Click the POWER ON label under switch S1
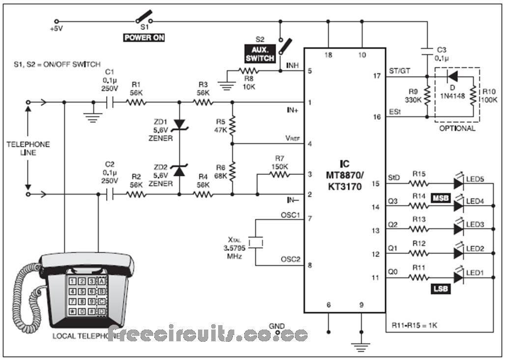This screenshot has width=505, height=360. point(144,37)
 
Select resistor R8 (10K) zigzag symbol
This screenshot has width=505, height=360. point(251,71)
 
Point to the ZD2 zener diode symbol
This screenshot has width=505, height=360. point(179,171)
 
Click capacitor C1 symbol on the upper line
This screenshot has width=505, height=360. point(111,103)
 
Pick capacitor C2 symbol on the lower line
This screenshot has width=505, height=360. point(111,194)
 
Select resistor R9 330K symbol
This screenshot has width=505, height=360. point(427,97)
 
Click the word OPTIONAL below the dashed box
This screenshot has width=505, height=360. point(457,129)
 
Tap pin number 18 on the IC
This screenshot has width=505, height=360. point(328,55)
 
